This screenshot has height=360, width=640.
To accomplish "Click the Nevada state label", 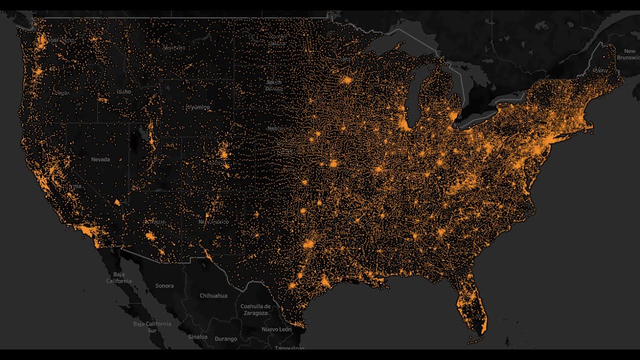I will pos(100,159).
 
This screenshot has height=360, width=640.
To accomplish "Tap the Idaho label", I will pos(124,91).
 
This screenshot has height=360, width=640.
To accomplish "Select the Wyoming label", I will pos(198,107).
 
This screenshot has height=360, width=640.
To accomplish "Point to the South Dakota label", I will pos(274,85).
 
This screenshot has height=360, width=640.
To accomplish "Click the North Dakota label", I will pos(276,40).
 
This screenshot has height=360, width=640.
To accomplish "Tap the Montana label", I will pos(174,48).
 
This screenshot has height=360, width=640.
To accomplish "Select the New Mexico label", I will pos(213,221).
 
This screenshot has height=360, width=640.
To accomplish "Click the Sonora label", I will pos(164,286).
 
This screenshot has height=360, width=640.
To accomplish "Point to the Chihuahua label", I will pos(213,295).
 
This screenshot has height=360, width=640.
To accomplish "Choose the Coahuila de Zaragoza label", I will pos(255,309).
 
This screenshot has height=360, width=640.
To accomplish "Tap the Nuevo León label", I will pos(276,329).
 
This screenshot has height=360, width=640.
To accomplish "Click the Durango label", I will pos(226,339).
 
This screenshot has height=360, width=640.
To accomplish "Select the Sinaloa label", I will pos(197,336).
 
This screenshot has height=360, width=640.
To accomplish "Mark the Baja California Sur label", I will pos(152,327).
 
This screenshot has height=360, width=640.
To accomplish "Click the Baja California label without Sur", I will pos(118,277).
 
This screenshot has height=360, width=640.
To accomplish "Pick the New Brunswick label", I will pos(629,54).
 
